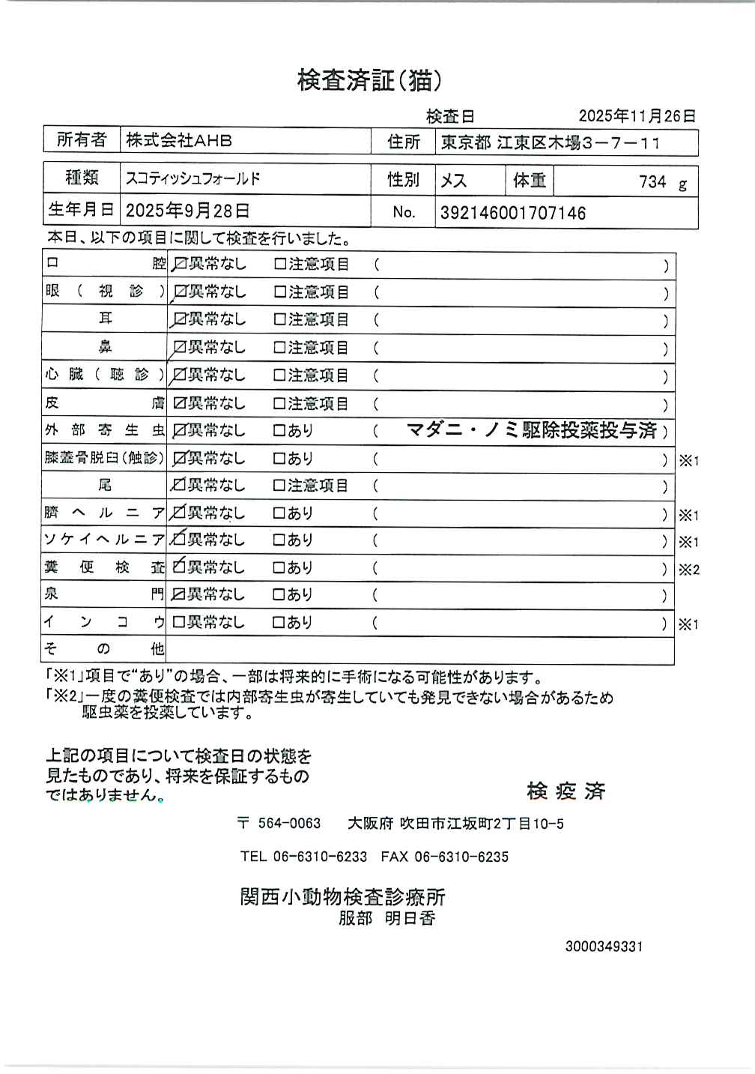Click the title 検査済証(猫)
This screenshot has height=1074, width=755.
[369, 80]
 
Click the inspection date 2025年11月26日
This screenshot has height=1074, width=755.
[637, 116]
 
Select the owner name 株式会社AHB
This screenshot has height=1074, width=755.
[179, 140]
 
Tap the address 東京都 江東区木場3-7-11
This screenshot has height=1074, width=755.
[550, 142]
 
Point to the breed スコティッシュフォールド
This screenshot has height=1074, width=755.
[193, 179]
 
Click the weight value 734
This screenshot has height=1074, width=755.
[652, 182]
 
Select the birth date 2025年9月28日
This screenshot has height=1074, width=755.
[187, 211]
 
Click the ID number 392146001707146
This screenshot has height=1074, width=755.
[513, 214]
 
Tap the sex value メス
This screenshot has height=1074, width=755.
[454, 181]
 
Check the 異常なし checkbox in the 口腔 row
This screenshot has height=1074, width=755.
[180, 265]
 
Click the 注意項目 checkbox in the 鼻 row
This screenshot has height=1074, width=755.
[280, 348]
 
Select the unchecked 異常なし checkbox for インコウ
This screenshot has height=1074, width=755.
[179, 622]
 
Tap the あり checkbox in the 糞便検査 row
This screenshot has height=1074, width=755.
[279, 568]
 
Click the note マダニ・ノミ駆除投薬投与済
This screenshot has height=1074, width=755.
[532, 430]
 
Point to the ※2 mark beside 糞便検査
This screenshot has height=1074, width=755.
[688, 570]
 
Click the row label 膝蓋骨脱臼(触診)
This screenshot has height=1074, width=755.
[103, 458]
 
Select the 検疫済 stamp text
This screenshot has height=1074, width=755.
[566, 791]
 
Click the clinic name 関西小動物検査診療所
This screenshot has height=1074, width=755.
[342, 896]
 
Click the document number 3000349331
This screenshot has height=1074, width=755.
[604, 947]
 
